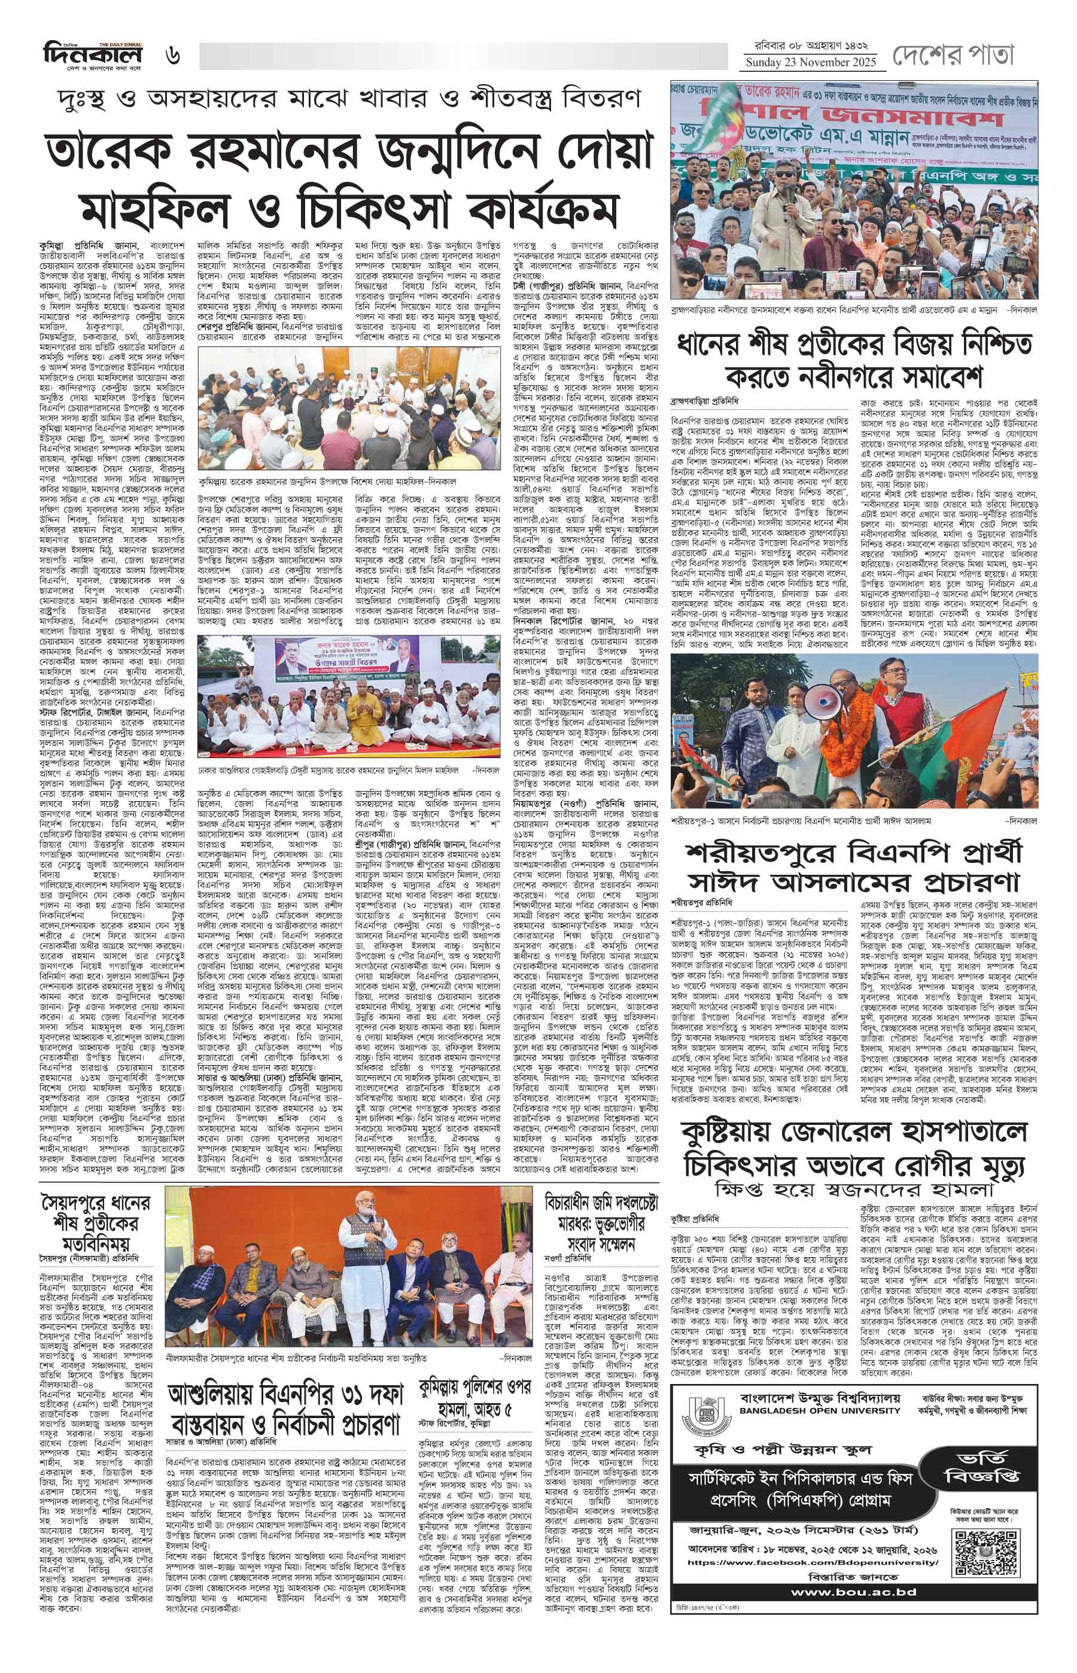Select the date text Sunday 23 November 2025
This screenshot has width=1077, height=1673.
811,63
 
